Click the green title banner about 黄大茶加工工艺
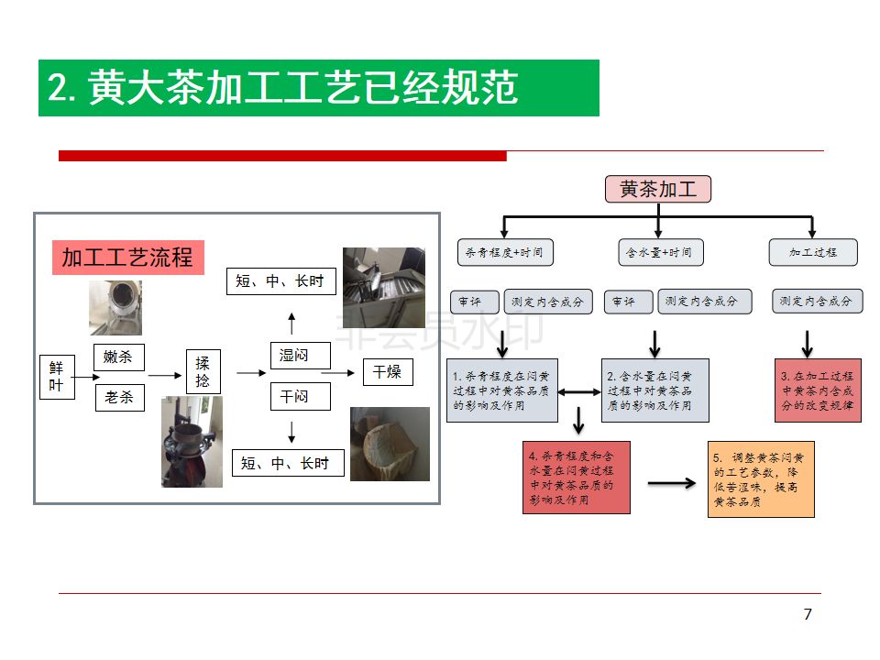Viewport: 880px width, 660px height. pos(318,88)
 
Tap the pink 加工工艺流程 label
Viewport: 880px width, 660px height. pos(127,258)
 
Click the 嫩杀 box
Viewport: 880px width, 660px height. pos(118,357)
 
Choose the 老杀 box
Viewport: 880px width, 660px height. pos(119,397)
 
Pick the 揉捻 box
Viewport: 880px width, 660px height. pos(203,372)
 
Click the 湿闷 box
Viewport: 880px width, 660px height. pos(300,356)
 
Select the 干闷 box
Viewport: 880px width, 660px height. pos(300,396)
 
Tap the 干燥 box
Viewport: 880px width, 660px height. pos(387,372)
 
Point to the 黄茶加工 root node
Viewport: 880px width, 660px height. pos(658,189)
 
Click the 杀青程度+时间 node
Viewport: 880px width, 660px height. pos(504,252)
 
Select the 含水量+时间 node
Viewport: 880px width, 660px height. pos(658,252)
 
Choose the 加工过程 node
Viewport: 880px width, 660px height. pos(813,252)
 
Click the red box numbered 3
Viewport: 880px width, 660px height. pos(818,390)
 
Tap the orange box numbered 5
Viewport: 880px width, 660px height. pos(761,479)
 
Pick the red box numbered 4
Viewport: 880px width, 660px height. pos(577,477)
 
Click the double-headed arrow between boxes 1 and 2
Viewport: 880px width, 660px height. pos(579,392)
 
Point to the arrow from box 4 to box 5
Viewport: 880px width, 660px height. pos(671,482)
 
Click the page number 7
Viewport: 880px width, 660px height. pos(808,614)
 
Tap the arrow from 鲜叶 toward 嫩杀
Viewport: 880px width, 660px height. pos(83,376)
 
